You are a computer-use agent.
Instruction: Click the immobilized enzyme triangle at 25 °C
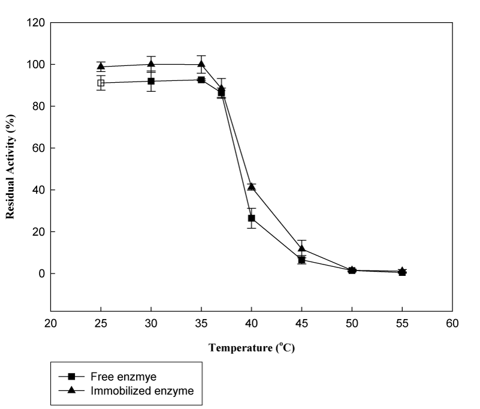tap(101, 66)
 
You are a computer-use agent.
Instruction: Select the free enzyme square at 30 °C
tap(151, 81)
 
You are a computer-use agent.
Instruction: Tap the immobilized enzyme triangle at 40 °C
tap(252, 187)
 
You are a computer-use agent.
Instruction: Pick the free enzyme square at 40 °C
tap(252, 218)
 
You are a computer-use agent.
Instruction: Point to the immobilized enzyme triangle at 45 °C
tap(302, 248)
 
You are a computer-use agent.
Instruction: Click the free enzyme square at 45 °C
tap(302, 260)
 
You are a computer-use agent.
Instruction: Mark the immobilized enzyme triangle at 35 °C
tap(201, 64)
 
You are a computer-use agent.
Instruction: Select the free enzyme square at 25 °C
tap(101, 83)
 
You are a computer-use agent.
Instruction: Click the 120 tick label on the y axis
tap(37, 23)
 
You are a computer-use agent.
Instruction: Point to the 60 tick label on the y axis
tap(40, 148)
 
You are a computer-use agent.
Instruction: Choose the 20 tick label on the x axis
tap(51, 324)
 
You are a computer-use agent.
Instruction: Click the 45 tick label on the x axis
tap(302, 324)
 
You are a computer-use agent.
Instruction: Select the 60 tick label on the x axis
tap(452, 324)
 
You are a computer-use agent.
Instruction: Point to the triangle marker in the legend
tap(72, 391)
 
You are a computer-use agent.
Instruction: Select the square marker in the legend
tap(72, 377)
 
